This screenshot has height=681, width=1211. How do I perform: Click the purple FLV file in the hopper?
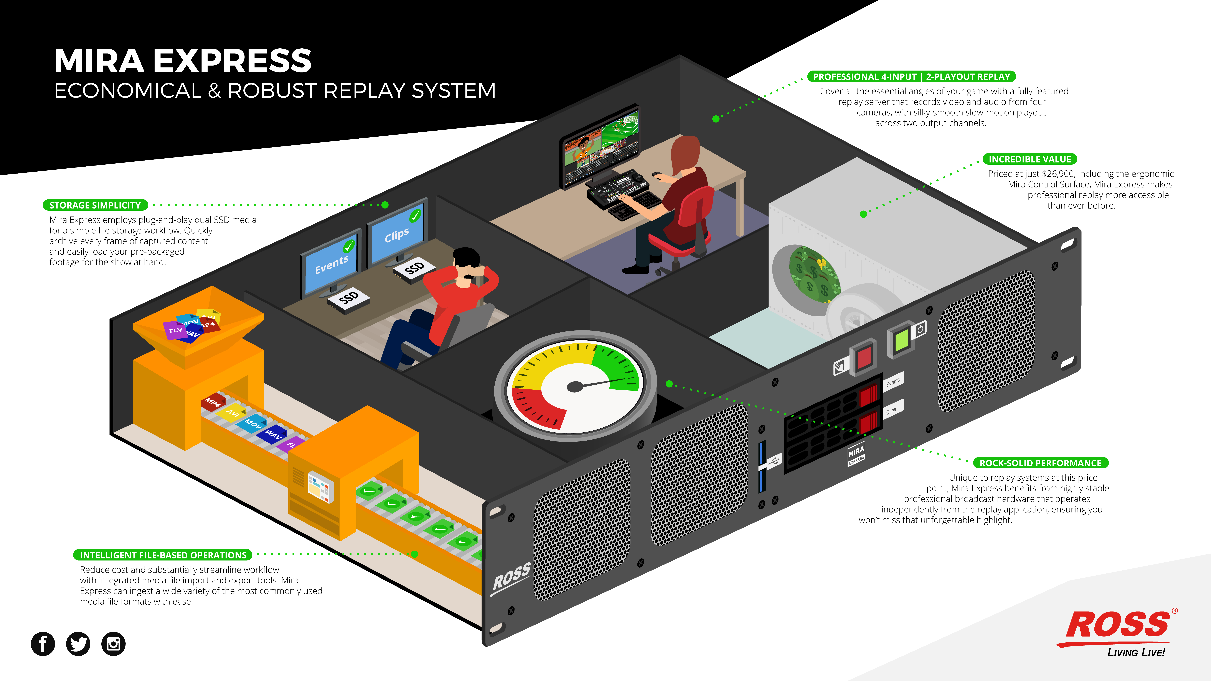coord(175,330)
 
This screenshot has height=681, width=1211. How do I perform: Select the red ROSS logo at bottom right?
coord(1117,625)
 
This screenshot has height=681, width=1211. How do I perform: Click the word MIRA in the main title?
coord(99,61)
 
